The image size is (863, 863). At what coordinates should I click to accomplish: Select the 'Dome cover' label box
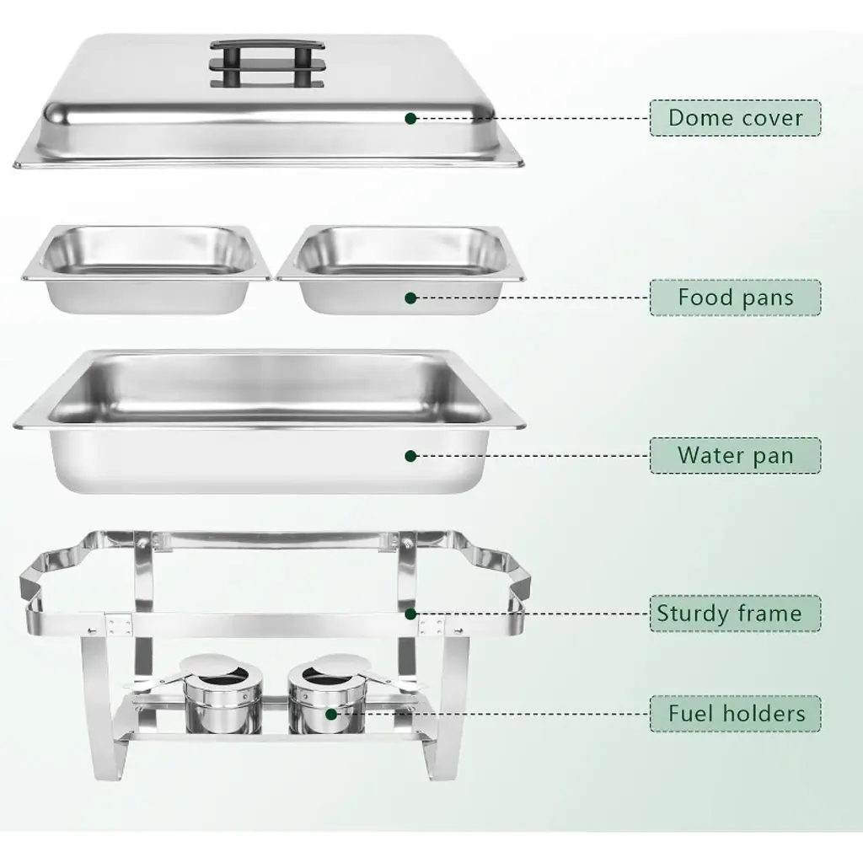click(735, 118)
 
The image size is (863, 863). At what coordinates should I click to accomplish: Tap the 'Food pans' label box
click(735, 297)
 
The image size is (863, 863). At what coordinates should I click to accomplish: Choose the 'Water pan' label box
click(735, 455)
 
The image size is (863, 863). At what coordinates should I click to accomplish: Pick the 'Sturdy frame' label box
click(735, 614)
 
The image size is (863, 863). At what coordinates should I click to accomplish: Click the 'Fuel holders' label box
click(735, 713)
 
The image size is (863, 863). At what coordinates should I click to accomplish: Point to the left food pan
click(147, 269)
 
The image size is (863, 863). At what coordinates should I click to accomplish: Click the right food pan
click(400, 269)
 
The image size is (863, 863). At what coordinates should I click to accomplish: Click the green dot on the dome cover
click(410, 118)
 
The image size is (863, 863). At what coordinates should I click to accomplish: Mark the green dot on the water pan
click(410, 456)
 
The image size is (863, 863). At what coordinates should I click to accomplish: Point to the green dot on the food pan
click(410, 297)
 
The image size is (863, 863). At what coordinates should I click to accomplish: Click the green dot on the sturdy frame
click(410, 614)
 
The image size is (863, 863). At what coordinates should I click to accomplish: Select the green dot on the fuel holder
click(331, 714)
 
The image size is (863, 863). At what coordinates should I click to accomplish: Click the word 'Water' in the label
click(708, 455)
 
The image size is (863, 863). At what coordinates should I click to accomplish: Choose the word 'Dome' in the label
click(700, 118)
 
